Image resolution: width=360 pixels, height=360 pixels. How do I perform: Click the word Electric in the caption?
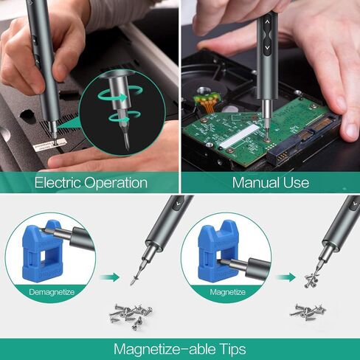click(x=58, y=183)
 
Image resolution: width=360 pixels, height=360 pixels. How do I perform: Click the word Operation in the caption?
click(x=116, y=183)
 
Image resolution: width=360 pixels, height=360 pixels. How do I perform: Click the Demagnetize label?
click(x=52, y=292)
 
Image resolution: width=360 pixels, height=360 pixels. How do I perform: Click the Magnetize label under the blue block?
click(x=227, y=292)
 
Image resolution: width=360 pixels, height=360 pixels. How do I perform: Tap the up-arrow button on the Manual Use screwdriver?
click(x=267, y=23)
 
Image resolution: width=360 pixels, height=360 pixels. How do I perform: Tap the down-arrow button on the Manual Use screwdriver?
click(x=268, y=47)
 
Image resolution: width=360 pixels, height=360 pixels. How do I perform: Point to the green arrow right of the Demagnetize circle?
click(x=110, y=277)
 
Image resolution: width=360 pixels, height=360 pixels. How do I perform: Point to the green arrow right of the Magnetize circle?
click(x=285, y=277)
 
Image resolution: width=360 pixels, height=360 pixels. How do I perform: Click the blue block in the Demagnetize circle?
click(x=42, y=251)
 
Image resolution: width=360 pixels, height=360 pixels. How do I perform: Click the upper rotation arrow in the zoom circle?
click(x=120, y=94)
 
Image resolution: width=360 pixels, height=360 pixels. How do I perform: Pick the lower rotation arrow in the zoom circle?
click(x=123, y=117)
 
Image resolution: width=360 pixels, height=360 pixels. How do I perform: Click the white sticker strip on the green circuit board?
click(x=240, y=136)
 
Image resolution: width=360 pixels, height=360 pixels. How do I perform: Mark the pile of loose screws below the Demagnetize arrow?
click(x=131, y=316)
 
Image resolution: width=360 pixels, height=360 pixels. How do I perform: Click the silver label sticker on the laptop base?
click(x=50, y=145)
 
